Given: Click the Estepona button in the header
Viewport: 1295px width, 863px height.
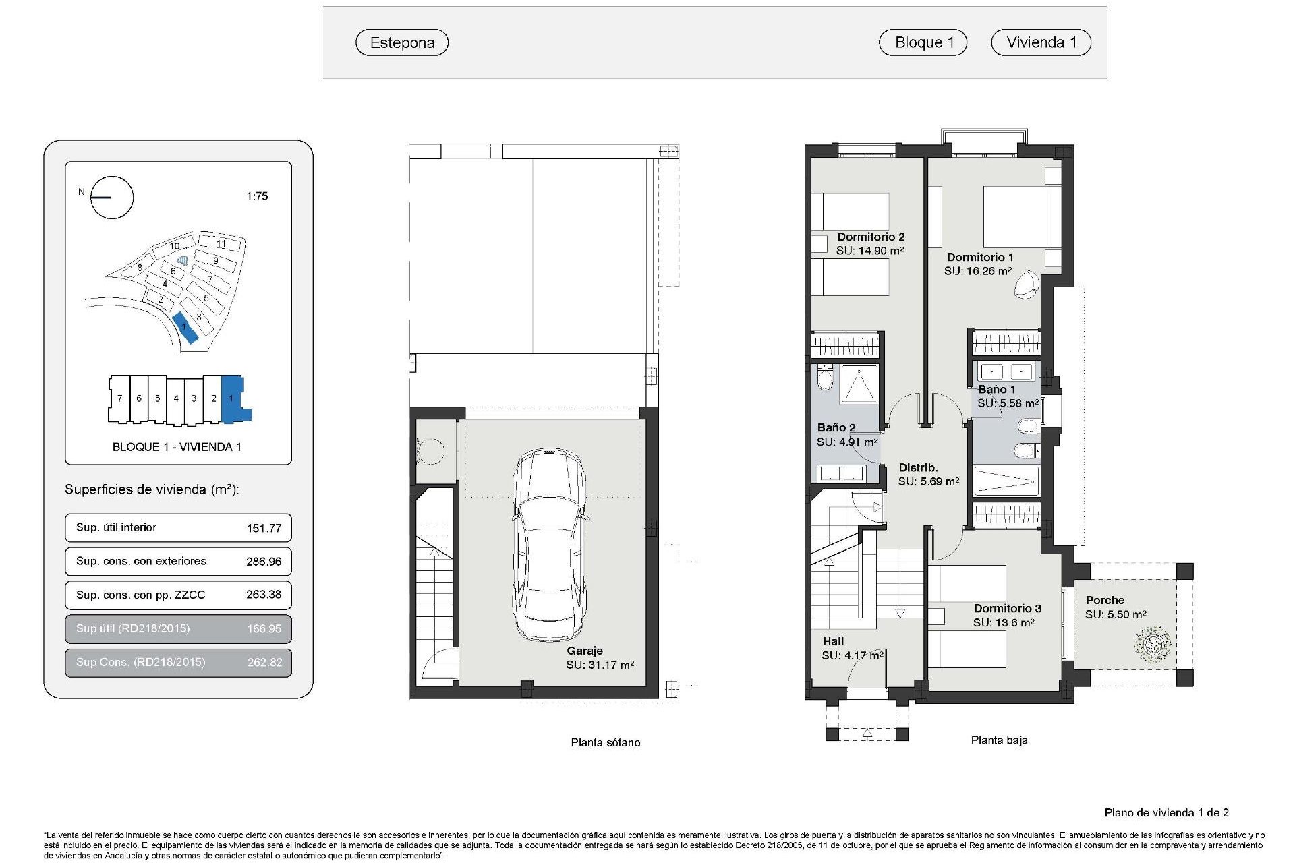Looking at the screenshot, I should pyautogui.click(x=402, y=42).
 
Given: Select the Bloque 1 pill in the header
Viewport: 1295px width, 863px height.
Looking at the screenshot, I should pyautogui.click(x=923, y=42).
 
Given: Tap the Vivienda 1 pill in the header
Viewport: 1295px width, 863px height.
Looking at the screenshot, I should pyautogui.click(x=1041, y=42).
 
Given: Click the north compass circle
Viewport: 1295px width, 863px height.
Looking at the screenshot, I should pyautogui.click(x=112, y=198).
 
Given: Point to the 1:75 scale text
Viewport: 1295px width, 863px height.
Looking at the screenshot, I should pyautogui.click(x=257, y=196).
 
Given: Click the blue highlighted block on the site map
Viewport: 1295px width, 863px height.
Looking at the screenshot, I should pyautogui.click(x=185, y=328).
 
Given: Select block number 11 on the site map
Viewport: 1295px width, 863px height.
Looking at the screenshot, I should pyautogui.click(x=220, y=243).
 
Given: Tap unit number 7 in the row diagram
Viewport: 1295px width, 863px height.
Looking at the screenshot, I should pyautogui.click(x=119, y=398).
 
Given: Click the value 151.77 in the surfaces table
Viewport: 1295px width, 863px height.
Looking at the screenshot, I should pyautogui.click(x=264, y=528).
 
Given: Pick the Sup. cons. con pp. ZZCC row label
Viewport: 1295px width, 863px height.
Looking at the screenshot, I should pyautogui.click(x=140, y=595).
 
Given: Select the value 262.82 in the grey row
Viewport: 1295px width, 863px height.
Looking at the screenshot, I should pyautogui.click(x=264, y=662).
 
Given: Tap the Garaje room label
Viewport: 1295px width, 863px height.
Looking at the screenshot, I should pyautogui.click(x=584, y=651).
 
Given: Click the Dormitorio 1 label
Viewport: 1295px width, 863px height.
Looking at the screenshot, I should pyautogui.click(x=980, y=257).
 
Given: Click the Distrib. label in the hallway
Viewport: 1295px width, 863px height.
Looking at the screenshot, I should pyautogui.click(x=918, y=467).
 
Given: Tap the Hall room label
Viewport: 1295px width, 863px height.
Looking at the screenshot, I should pyautogui.click(x=833, y=641).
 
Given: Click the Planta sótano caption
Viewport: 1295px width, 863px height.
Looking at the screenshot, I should pyautogui.click(x=605, y=742).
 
